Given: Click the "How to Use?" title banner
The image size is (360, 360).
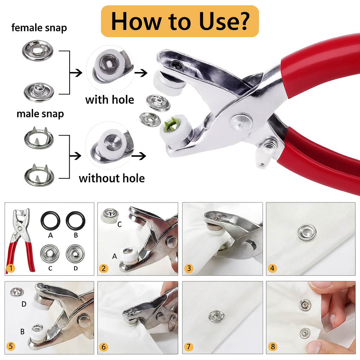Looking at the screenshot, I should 180,21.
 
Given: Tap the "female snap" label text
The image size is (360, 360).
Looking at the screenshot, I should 39,28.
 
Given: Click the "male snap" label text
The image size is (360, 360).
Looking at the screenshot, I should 40,114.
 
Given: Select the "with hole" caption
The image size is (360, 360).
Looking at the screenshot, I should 109,100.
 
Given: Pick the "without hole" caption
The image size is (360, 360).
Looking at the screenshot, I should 112,178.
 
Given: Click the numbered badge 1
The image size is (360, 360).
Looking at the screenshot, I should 11,269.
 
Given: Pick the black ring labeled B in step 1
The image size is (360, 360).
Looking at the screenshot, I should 76,220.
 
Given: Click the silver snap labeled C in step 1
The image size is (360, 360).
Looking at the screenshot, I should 50,253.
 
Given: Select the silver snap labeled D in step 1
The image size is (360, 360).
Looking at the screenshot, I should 76,253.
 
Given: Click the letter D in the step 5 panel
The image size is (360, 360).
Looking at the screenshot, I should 24,304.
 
